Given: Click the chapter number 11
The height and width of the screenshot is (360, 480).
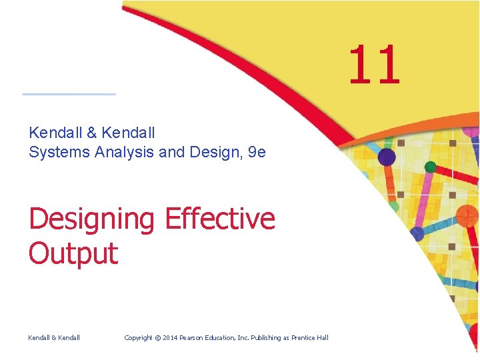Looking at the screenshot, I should coord(374,65).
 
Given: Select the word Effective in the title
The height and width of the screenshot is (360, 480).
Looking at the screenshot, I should coord(219,219).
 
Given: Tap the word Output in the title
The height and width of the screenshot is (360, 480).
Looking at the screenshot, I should coord(73,254).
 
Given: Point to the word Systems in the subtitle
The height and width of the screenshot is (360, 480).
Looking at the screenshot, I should coord(59,152).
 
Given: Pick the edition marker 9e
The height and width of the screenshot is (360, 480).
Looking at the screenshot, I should coord(257,152).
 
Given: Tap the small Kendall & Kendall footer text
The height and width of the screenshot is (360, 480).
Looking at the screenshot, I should coord(54,338).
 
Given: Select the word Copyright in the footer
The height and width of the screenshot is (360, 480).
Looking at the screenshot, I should coord(143,338).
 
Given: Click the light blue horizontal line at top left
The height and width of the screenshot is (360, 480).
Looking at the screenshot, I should coord(69,94).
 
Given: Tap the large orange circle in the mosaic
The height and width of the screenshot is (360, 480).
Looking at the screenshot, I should coord(467,215).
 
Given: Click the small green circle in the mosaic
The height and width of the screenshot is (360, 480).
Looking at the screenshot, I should coord(431,167).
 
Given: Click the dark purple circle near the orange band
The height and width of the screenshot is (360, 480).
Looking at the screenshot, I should coord(386,157).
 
